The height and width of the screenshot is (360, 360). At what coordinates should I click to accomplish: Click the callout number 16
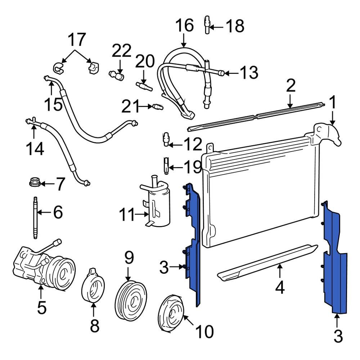(x=184, y=26)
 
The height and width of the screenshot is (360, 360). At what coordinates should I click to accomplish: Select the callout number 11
(x=127, y=216)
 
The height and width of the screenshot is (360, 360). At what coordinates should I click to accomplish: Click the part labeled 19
(x=166, y=165)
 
